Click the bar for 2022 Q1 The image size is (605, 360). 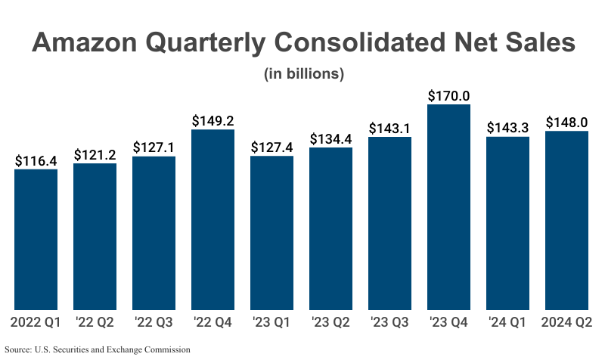pos(36,239)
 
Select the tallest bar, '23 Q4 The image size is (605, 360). pos(448,206)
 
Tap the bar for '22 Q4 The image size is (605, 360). pos(213,219)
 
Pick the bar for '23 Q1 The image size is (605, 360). pos(271,233)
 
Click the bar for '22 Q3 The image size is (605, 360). pos(154,233)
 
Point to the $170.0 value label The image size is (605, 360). pos(448,96)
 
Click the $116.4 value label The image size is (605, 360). pos(36,160)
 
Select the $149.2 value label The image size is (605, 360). pos(213,121)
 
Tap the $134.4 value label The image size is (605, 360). pos(330,138)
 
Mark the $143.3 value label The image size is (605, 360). pos(507,128)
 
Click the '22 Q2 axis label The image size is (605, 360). pos(95,324)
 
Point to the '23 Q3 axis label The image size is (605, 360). pos(389,324)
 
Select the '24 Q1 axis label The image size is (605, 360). pos(507,324)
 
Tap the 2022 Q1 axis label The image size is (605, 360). pos(36,324)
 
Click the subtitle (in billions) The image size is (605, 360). pos(304,74)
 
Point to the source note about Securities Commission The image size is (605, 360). pos(98,350)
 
